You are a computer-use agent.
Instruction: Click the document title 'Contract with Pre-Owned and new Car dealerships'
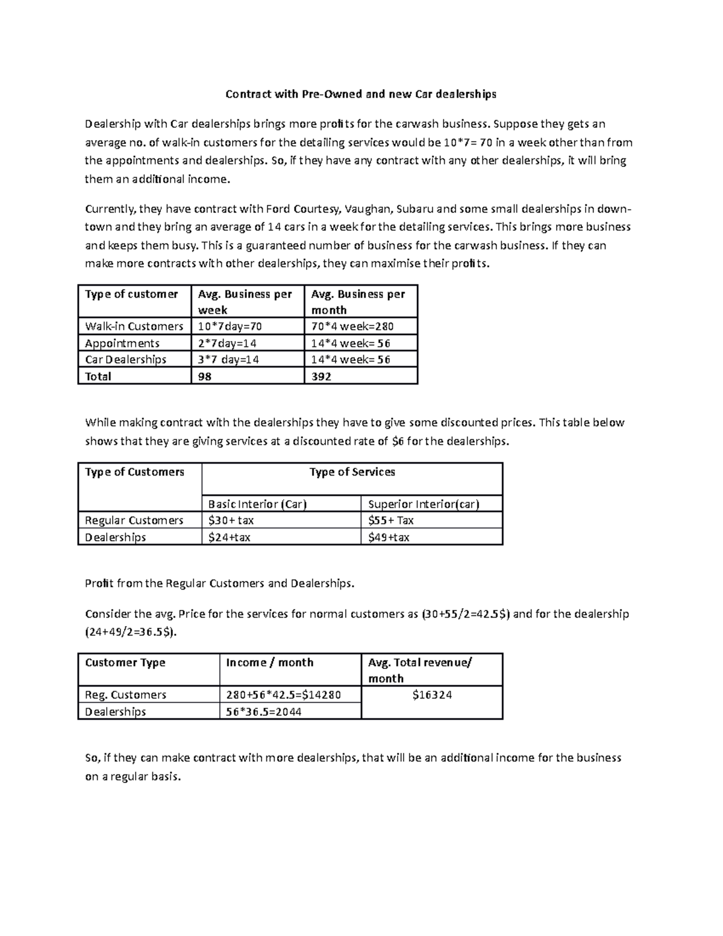(360, 94)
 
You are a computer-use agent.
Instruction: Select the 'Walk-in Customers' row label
(134, 327)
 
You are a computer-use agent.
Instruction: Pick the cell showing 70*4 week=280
(352, 327)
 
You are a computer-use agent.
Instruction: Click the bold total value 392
(321, 377)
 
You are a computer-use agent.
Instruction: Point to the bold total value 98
(206, 377)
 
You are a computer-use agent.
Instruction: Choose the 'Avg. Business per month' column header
(358, 302)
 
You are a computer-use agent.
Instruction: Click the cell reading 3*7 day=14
(232, 360)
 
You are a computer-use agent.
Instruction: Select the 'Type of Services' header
(352, 473)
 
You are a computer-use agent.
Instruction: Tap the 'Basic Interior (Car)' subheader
(257, 504)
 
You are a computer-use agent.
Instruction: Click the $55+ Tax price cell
(390, 521)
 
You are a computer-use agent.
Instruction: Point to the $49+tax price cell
(389, 538)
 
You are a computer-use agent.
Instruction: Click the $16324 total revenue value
(432, 696)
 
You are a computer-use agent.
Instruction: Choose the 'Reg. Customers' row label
(125, 696)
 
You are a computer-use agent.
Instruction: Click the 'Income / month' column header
(269, 663)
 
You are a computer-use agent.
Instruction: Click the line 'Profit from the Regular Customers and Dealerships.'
(220, 584)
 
